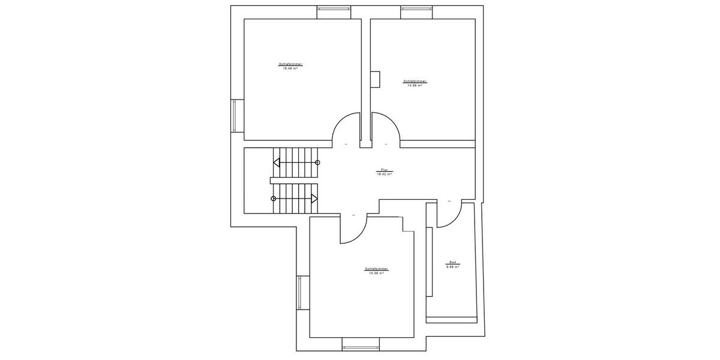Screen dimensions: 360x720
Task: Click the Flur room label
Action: click(x=384, y=170)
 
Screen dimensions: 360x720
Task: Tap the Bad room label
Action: click(x=452, y=262)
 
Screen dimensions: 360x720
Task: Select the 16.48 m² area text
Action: click(x=290, y=68)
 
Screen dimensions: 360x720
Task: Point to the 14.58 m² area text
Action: click(x=415, y=85)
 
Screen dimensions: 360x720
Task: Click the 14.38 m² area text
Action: click(x=376, y=272)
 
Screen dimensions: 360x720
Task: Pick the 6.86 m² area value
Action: click(x=452, y=266)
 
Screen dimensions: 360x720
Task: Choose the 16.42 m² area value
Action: click(x=384, y=174)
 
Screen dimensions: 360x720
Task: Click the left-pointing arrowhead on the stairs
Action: click(x=277, y=162)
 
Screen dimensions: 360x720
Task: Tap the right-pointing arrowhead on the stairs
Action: click(x=314, y=198)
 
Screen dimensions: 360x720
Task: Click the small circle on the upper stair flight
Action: click(x=318, y=162)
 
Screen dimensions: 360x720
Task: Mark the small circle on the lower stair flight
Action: click(x=274, y=198)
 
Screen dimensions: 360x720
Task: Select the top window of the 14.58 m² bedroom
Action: click(x=418, y=8)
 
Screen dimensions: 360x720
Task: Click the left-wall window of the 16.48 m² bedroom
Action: click(x=234, y=115)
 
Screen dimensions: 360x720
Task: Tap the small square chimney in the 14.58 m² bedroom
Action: click(x=375, y=79)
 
